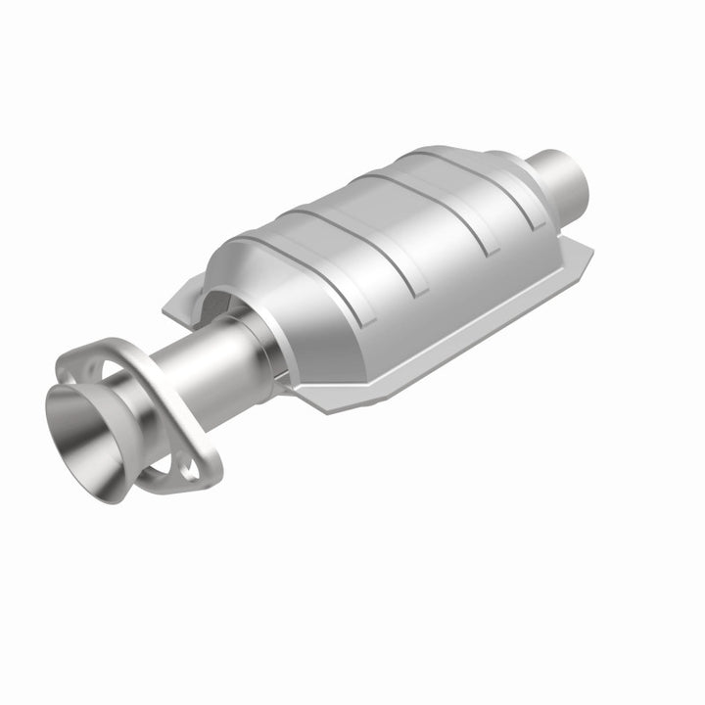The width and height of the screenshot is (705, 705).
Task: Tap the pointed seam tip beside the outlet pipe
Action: click(591, 250)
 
